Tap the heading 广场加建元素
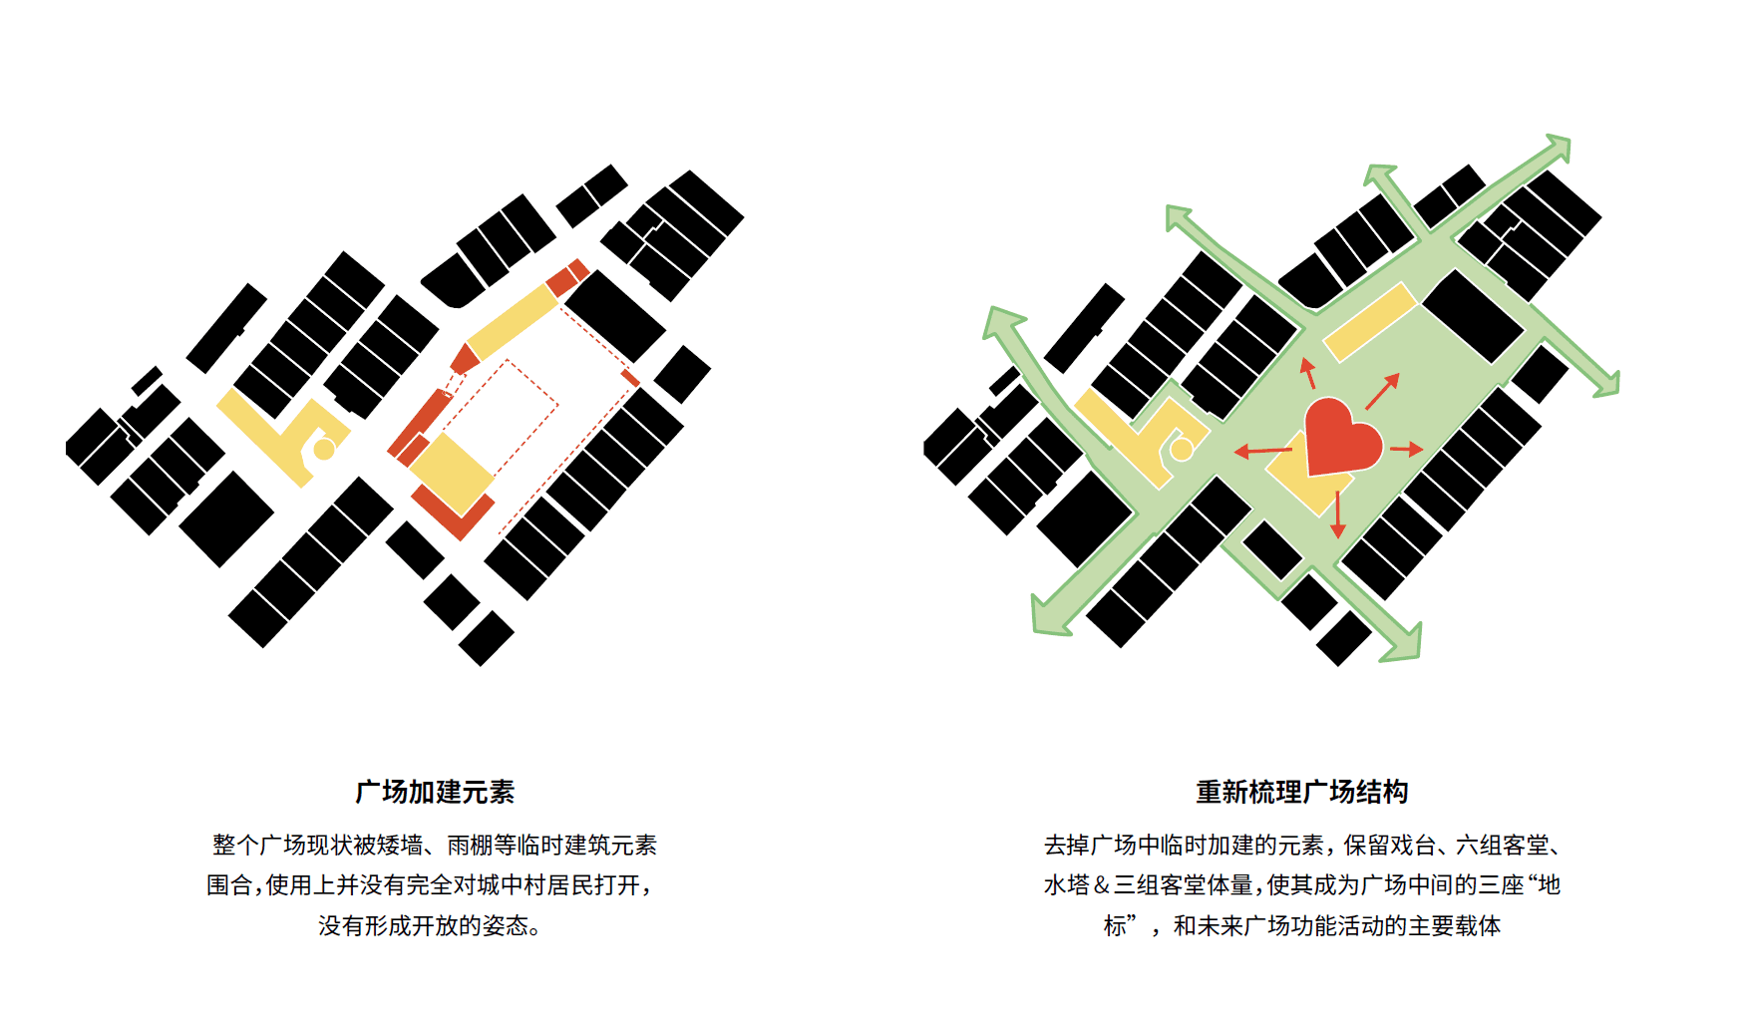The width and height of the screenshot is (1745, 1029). (435, 792)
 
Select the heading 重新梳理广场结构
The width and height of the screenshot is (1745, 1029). (1301, 792)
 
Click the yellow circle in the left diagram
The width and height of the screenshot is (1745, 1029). (324, 450)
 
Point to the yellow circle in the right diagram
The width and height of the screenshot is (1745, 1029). (1182, 450)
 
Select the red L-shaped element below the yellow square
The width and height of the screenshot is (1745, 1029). (454, 514)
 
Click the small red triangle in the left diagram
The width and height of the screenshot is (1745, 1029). (464, 359)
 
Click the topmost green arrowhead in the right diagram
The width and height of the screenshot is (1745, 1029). (1557, 149)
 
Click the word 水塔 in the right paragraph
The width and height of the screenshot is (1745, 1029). (1067, 885)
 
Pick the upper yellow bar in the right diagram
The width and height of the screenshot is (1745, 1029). (1370, 321)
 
